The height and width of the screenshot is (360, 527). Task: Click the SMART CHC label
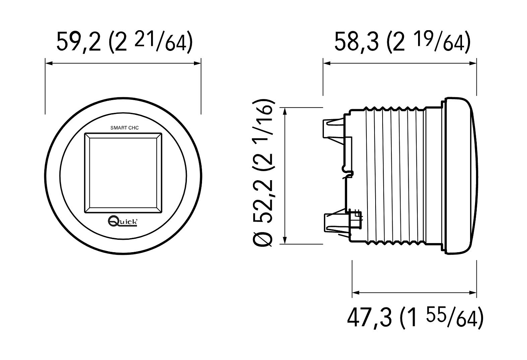click(x=124, y=128)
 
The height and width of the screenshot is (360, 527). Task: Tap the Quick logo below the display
click(x=123, y=222)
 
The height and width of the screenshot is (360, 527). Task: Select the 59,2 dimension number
click(x=79, y=42)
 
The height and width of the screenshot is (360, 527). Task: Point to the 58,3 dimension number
click(x=357, y=42)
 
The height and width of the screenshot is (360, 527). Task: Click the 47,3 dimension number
click(x=369, y=318)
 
